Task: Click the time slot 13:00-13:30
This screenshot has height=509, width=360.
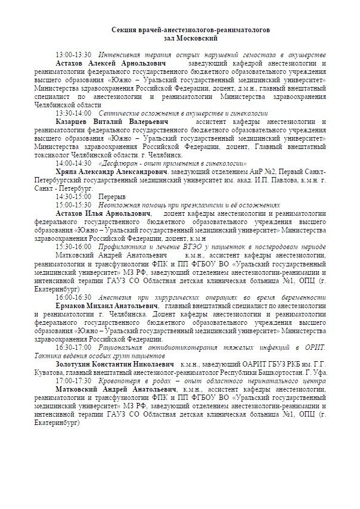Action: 73,54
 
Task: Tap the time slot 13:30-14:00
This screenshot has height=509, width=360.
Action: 73,112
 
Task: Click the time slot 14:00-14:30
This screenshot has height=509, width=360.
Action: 73,162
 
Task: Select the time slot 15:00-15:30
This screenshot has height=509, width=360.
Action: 73,204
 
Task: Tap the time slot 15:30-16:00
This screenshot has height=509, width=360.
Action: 73,246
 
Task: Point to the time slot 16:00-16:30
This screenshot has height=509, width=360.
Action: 73,296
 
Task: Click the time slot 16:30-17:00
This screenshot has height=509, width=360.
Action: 73,346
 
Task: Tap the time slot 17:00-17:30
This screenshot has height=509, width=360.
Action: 73,380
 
